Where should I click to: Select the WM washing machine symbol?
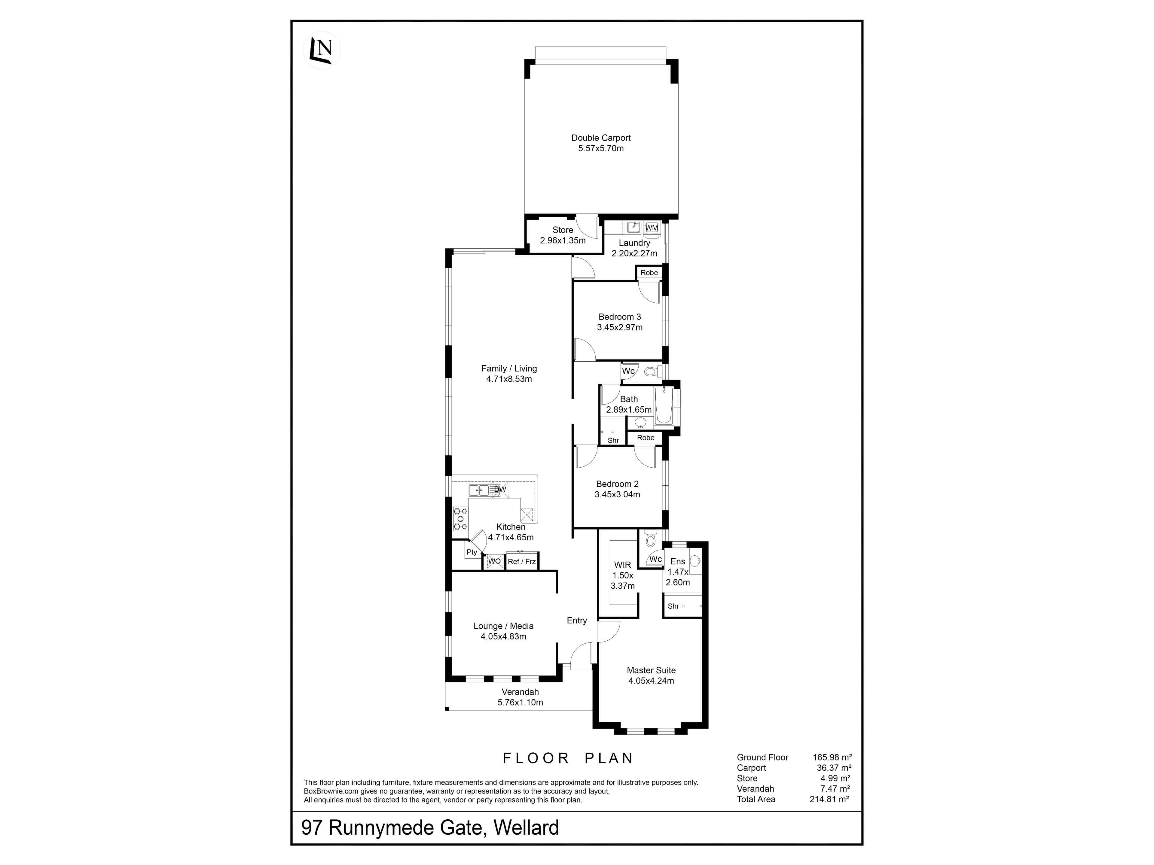click(x=652, y=228)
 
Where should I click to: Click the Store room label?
click(x=563, y=230)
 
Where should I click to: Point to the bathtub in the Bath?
click(x=664, y=406)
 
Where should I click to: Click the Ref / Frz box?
click(x=522, y=562)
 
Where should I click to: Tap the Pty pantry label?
click(x=472, y=552)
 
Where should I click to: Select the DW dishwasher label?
click(x=500, y=490)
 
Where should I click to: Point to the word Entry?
click(x=577, y=621)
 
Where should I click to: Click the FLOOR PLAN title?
click(x=568, y=758)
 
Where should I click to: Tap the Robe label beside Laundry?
click(x=649, y=273)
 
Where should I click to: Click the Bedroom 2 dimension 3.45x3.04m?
click(x=617, y=494)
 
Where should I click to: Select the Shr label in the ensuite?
click(x=673, y=606)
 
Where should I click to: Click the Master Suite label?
click(x=651, y=670)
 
